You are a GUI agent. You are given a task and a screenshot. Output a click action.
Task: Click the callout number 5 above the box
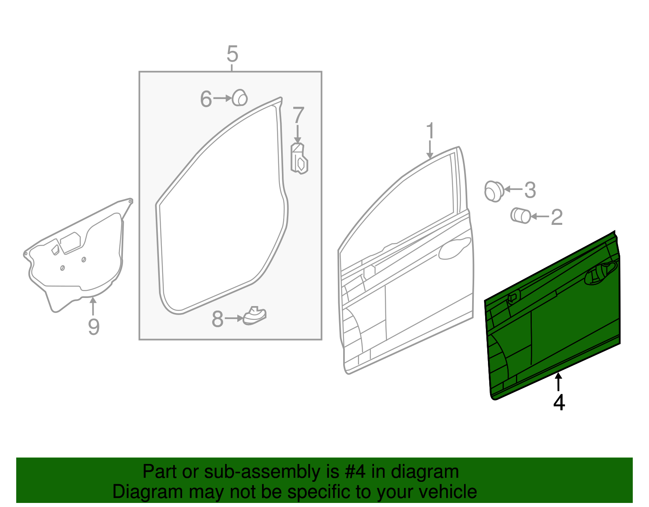(x=232, y=54)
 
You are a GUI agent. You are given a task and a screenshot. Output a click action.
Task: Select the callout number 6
(x=206, y=99)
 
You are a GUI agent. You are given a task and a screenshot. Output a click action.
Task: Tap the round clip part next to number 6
(x=240, y=98)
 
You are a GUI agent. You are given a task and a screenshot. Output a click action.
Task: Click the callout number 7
(x=298, y=115)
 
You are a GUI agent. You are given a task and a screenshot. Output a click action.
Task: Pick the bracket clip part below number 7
(x=299, y=159)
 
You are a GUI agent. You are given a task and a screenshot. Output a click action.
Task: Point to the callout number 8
(x=217, y=319)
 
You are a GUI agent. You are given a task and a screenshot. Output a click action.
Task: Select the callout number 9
(x=94, y=327)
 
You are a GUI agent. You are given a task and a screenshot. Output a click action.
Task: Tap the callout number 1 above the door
(x=430, y=131)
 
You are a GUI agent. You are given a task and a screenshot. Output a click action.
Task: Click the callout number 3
(x=530, y=190)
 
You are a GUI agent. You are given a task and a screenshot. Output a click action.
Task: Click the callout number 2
(x=557, y=217)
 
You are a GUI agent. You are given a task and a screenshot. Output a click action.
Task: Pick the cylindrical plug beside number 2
(x=520, y=215)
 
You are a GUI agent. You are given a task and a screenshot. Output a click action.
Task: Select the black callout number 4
(x=559, y=402)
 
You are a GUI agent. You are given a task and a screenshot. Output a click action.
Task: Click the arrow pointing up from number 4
(x=559, y=381)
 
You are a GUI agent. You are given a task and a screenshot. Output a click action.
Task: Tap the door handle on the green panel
(x=600, y=273)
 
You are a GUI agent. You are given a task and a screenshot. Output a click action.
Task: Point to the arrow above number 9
(x=93, y=306)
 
